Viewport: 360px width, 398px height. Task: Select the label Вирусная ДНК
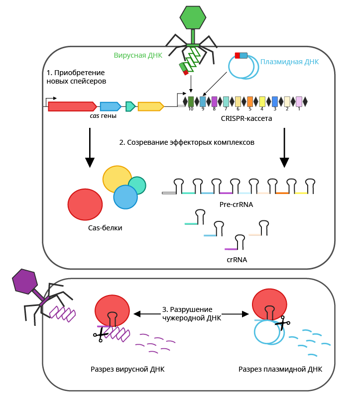(134, 55)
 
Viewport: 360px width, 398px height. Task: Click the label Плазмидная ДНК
(289, 62)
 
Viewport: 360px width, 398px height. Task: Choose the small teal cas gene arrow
(130, 106)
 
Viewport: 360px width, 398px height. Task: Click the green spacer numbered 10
(191, 101)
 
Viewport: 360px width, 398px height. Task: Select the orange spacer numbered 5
(250, 101)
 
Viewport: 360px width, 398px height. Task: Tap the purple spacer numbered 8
(215, 101)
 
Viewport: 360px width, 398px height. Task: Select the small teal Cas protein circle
(137, 185)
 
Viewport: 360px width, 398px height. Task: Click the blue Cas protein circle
(125, 197)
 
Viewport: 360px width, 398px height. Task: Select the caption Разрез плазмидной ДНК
(280, 370)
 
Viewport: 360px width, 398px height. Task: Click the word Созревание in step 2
(149, 142)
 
